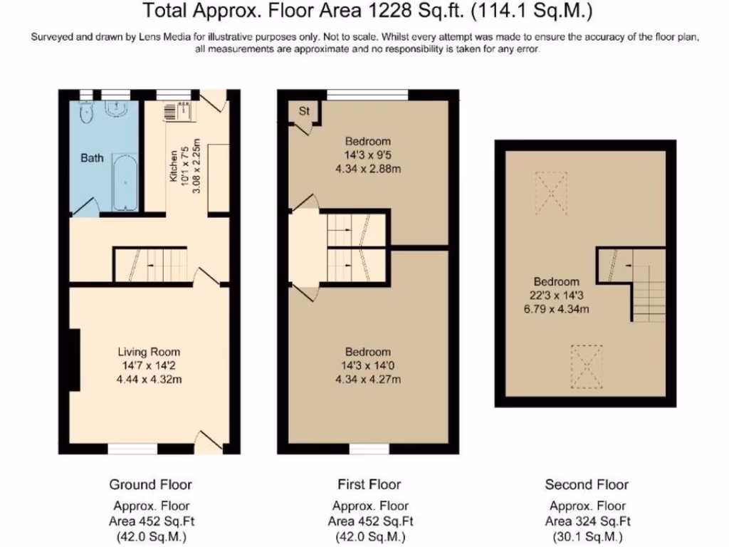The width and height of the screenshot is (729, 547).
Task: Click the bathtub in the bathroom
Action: (125, 183)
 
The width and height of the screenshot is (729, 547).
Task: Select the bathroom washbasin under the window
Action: (115, 108)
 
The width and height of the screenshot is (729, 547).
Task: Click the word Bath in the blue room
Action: (92, 158)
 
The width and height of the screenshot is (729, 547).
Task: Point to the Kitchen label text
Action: (174, 165)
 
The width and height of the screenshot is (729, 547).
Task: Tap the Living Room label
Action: (149, 352)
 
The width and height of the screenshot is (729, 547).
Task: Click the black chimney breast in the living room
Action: (75, 360)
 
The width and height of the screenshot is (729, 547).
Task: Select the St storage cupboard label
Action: (304, 111)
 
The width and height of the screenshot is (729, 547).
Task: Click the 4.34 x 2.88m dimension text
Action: (368, 169)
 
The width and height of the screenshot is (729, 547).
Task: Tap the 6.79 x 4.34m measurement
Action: (557, 309)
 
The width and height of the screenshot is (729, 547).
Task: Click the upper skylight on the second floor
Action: (552, 193)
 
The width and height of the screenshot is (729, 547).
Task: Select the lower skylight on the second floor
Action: (587, 367)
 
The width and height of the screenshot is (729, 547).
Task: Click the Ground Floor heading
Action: (151, 484)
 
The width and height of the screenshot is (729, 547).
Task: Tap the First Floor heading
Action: (369, 484)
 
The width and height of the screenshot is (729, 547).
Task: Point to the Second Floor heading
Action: (587, 484)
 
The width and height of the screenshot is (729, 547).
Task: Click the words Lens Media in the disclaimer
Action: (164, 37)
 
